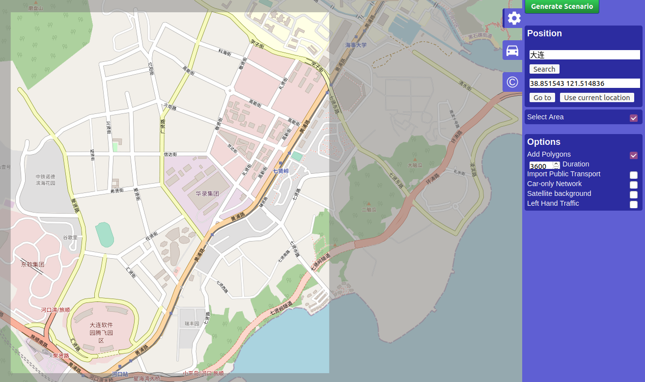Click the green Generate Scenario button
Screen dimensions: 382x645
561,6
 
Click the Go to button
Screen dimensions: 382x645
542,98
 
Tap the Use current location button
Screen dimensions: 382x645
596,98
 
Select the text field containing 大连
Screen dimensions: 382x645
585,55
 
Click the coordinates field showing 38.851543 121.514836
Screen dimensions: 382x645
585,83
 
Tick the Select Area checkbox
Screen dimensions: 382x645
634,118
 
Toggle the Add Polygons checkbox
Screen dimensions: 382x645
634,155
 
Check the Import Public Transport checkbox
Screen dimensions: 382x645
634,175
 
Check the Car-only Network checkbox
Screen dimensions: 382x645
634,185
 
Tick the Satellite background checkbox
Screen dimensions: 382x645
634,194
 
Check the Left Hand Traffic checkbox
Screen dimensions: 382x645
634,204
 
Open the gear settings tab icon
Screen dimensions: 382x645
514,18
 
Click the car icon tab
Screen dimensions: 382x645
512,51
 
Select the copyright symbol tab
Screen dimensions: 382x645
512,82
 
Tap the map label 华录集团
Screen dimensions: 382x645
207,193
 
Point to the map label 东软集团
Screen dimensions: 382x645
32,264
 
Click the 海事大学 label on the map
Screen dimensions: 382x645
356,45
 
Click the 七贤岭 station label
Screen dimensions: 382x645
281,171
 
